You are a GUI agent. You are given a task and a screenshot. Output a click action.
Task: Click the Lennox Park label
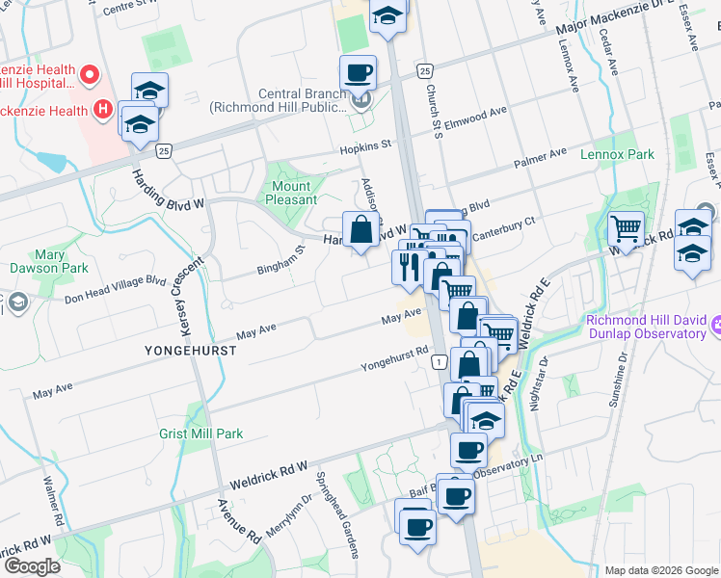617,154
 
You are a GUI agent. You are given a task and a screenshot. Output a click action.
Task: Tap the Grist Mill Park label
200,433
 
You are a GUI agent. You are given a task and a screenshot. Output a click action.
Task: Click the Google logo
33,565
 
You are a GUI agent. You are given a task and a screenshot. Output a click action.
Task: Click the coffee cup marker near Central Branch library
359,72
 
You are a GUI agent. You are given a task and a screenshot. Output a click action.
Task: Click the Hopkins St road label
365,146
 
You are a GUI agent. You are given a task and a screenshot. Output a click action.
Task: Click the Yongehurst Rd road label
394,360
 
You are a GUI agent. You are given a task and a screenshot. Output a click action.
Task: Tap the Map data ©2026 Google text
660,569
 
